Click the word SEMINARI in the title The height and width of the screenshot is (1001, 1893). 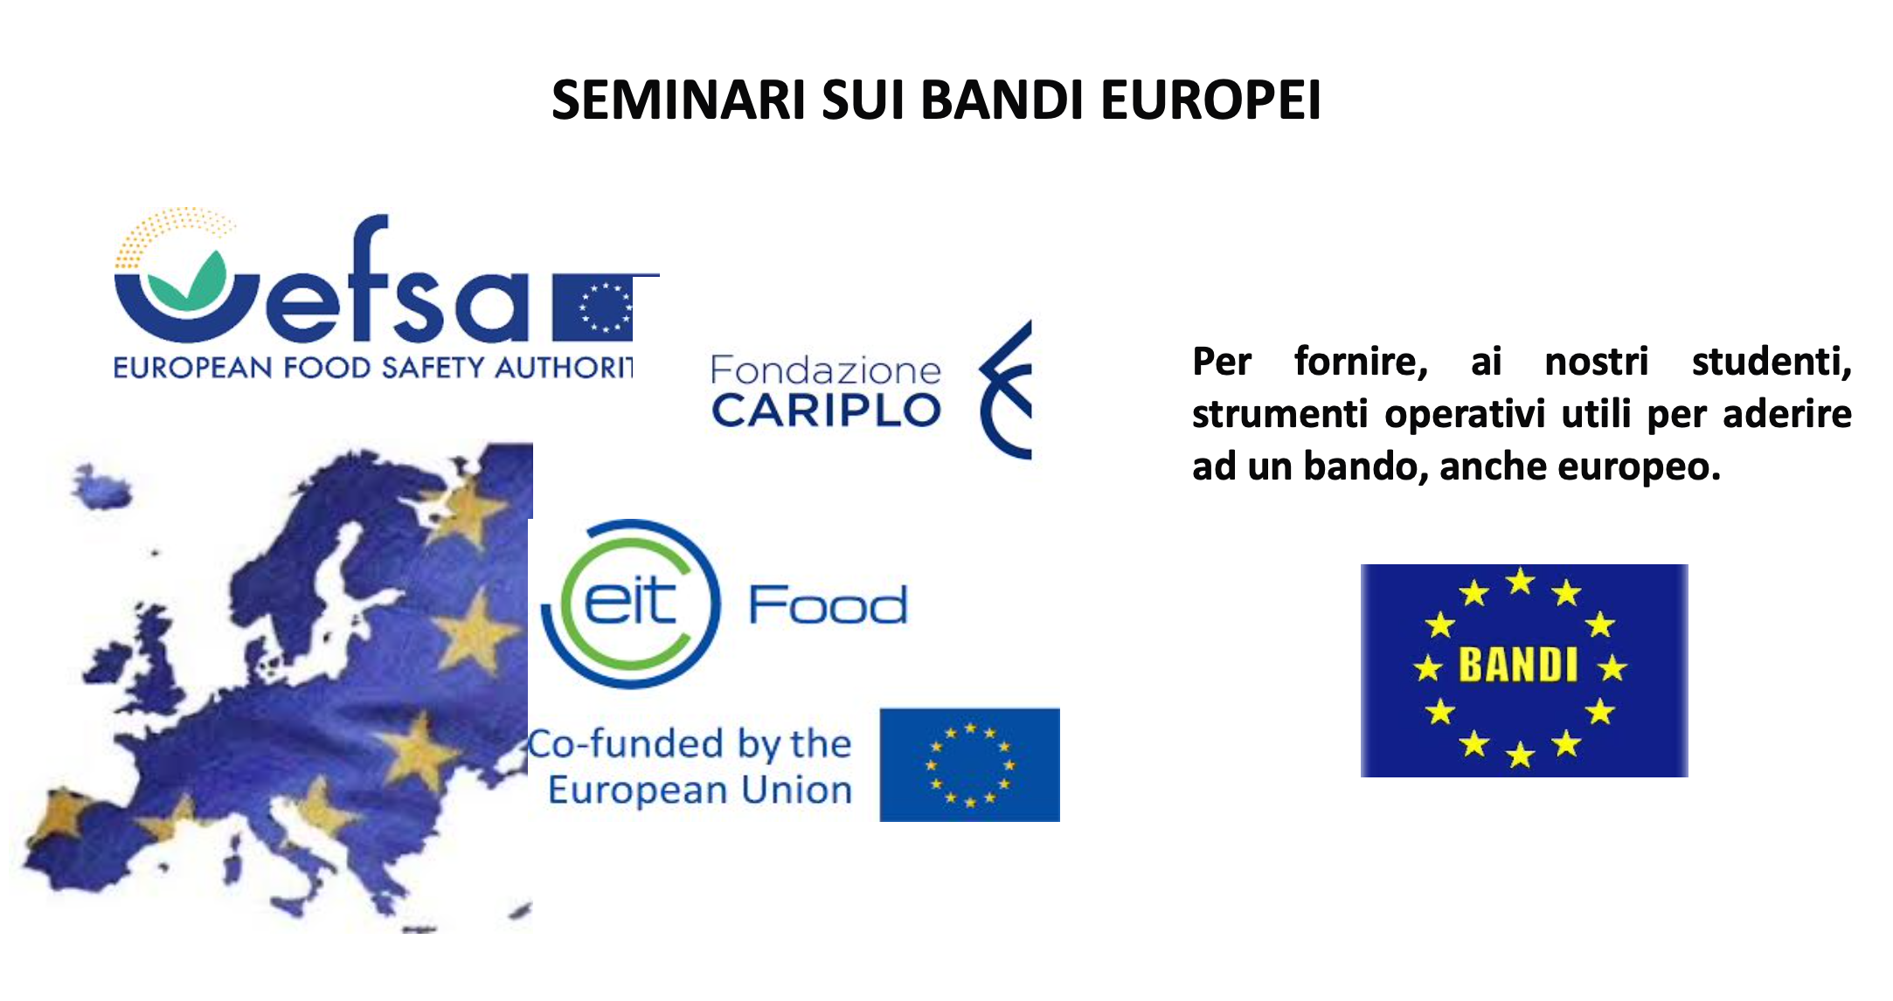pos(678,100)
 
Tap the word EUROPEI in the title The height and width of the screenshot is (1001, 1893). pos(1210,100)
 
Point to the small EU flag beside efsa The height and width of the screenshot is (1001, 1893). pos(593,307)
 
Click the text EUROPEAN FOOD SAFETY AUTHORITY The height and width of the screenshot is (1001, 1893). pos(373,367)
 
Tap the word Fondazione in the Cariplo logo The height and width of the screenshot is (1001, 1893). pos(825,370)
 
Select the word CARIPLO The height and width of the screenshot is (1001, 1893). pos(826,411)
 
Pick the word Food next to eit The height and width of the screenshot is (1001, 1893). pos(828,604)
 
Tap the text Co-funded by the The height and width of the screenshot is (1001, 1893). pos(690,744)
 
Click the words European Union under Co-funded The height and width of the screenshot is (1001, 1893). pos(700,790)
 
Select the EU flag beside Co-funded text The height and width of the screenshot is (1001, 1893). pos(969,765)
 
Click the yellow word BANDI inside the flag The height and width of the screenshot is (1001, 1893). pos(1518,665)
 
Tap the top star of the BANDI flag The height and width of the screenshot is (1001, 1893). pos(1521,581)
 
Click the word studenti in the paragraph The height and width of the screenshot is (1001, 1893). pos(1772,362)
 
